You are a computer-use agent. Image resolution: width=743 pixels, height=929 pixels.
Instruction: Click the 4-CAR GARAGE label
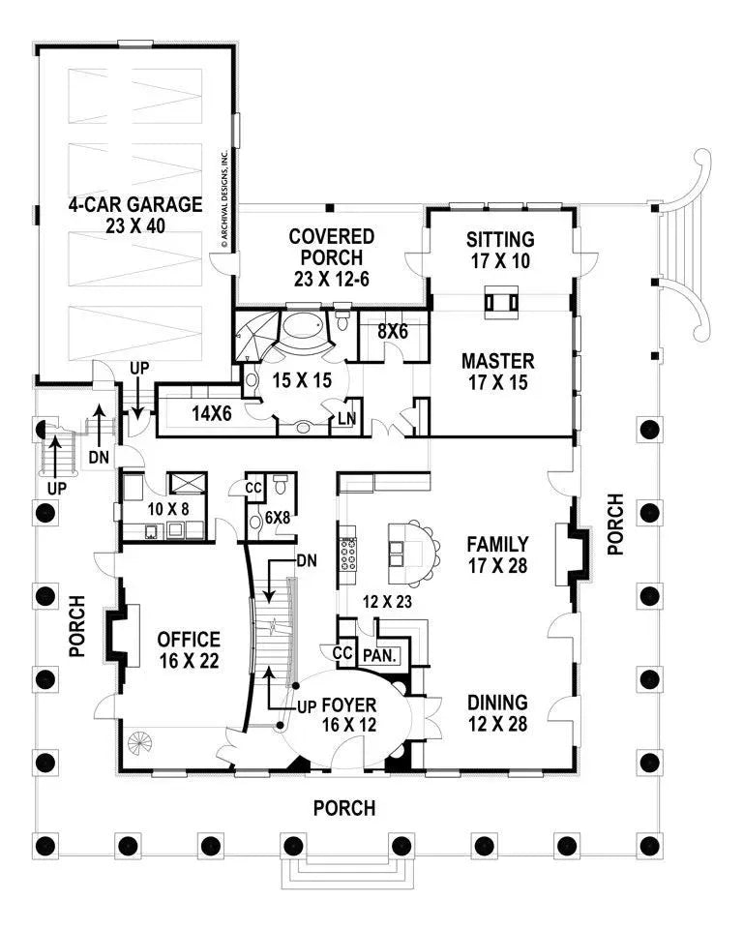(x=134, y=214)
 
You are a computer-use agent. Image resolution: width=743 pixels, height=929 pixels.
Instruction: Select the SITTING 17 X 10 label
(x=500, y=249)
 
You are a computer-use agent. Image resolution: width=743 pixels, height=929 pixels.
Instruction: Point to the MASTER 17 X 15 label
(x=497, y=371)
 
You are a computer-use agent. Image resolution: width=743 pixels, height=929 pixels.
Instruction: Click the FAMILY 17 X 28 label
(x=497, y=554)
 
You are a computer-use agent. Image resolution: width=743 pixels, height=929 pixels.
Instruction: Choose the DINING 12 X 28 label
(x=497, y=713)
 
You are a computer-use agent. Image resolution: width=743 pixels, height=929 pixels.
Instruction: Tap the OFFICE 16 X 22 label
(x=189, y=649)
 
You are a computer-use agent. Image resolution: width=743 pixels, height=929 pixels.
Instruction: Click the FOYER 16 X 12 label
(x=349, y=714)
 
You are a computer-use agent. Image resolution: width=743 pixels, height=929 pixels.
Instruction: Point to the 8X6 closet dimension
(x=393, y=331)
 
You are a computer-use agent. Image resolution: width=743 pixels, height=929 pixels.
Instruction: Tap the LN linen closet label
(x=345, y=419)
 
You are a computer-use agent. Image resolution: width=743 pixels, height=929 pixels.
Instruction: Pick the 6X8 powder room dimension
(x=280, y=517)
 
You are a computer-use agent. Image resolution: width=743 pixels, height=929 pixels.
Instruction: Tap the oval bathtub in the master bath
(x=306, y=331)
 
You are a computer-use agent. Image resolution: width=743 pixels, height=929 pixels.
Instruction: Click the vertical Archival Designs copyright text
(x=223, y=199)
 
